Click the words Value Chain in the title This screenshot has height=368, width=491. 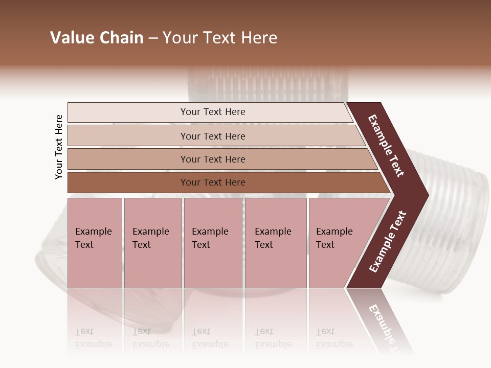(x=97, y=38)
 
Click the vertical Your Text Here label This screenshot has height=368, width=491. (x=59, y=147)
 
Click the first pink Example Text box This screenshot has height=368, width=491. (x=95, y=243)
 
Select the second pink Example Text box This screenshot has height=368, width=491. (x=152, y=243)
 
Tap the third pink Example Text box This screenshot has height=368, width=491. (x=213, y=243)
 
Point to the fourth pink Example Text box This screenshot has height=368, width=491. (x=276, y=243)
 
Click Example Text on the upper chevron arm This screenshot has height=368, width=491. (x=386, y=146)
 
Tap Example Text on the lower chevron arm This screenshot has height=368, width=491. (x=388, y=241)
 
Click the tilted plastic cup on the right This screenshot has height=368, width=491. (x=455, y=225)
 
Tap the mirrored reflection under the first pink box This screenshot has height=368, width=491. (x=95, y=327)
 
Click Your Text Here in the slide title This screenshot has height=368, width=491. (x=220, y=38)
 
